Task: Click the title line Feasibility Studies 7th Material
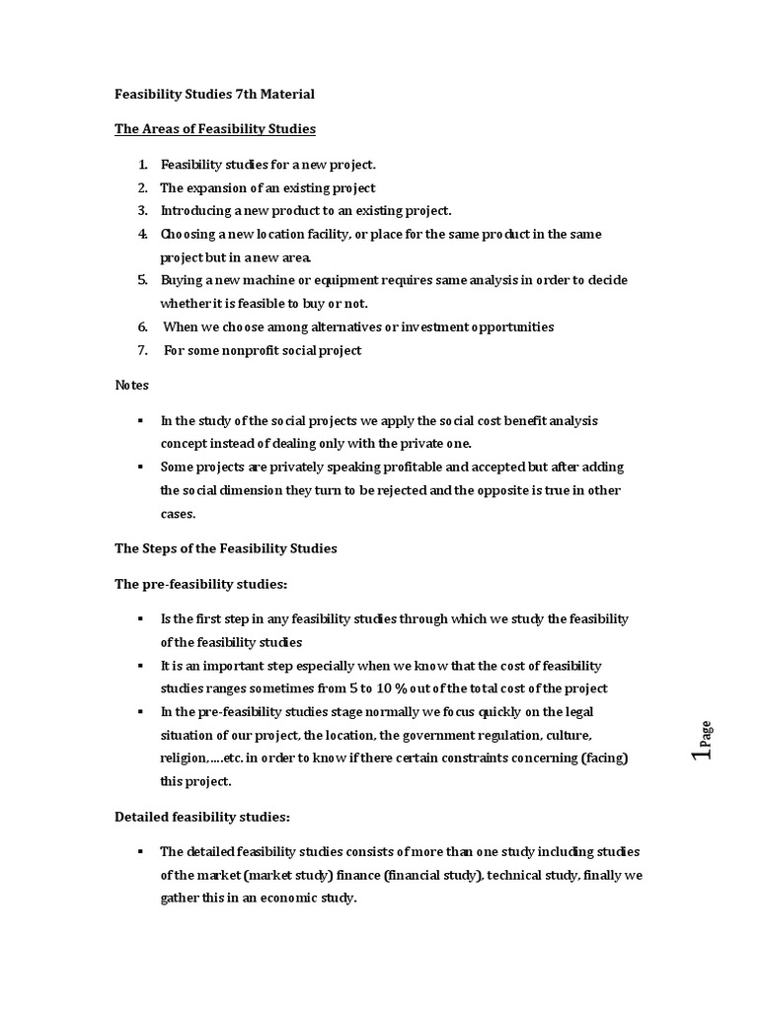[214, 95]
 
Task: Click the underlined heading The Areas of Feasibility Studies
[215, 129]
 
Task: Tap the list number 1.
[142, 165]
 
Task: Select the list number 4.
[142, 234]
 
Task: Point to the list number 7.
[142, 350]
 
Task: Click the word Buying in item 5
[182, 280]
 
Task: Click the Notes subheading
[131, 385]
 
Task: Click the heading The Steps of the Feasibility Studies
[226, 548]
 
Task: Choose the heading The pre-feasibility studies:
[200, 584]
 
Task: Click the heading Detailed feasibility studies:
[202, 817]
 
